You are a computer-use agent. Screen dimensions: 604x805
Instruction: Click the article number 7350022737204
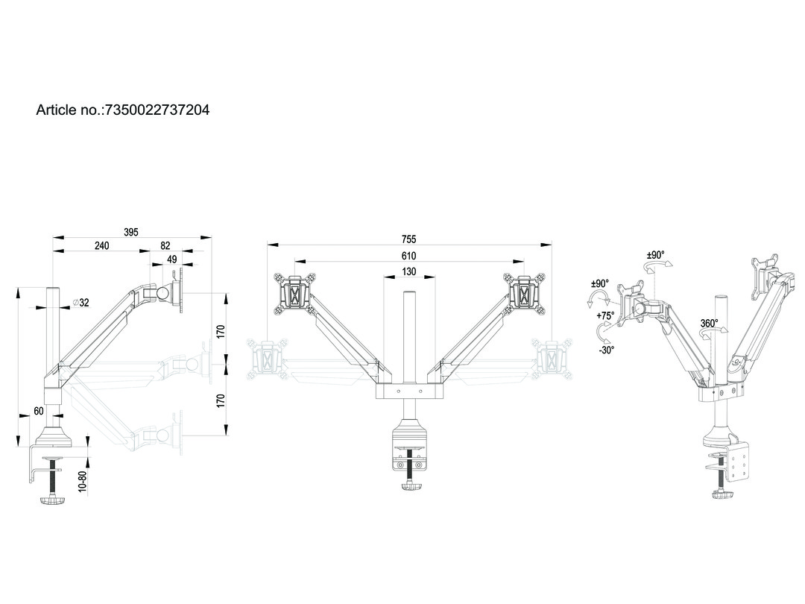coord(157,110)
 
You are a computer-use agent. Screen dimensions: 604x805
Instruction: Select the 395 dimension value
coord(130,233)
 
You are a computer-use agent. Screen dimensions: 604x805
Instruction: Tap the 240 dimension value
coord(102,245)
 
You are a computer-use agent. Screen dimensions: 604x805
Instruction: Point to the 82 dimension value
coord(165,245)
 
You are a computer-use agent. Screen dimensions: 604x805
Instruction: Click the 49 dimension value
coord(171,259)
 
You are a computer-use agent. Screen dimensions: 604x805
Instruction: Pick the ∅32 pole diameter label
coord(80,303)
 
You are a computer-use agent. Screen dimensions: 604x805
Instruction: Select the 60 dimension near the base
coord(38,411)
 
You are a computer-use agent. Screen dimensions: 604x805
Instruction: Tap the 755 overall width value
coord(408,239)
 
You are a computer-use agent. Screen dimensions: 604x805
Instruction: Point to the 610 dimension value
coord(408,256)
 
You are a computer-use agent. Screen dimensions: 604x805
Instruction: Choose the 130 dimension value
coord(408,271)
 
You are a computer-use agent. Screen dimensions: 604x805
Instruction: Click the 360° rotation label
coord(709,324)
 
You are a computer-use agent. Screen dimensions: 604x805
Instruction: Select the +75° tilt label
coord(605,315)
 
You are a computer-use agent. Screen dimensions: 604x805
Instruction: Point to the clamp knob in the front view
coord(408,486)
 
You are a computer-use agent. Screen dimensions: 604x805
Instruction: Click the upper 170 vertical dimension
coord(220,331)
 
